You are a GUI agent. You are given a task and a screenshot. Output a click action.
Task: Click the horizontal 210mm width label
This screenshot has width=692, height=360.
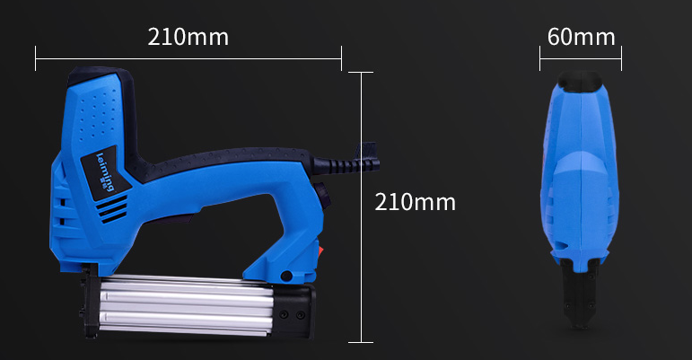pyautogui.click(x=188, y=37)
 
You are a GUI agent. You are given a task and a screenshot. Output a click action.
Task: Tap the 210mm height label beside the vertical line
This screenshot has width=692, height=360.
pyautogui.click(x=415, y=202)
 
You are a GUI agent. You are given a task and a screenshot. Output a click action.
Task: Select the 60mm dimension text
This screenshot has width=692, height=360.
pyautogui.click(x=582, y=37)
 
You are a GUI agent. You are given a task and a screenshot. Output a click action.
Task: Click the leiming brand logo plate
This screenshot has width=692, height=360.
pyautogui.click(x=106, y=172)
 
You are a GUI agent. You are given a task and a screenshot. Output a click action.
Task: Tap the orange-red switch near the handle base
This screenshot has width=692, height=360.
pyautogui.click(x=320, y=252)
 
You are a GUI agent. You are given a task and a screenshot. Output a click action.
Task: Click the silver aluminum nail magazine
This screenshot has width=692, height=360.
pyautogui.click(x=186, y=305)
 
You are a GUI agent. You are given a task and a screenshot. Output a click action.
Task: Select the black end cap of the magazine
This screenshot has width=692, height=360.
pyautogui.click(x=294, y=311)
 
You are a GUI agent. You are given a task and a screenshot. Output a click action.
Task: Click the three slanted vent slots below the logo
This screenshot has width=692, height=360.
pyautogui.click(x=112, y=208)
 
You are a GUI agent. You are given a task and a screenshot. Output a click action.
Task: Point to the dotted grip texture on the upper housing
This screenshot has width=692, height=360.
pyautogui.click(x=99, y=116)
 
